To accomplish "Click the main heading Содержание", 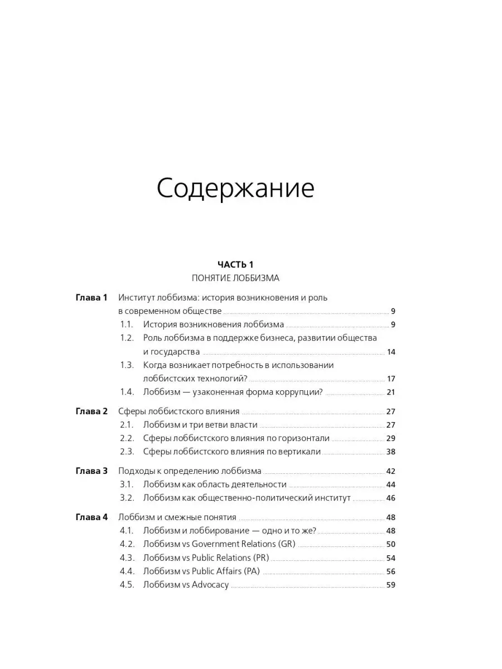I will point(235,190).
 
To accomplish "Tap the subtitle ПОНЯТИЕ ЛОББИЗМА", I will point(235,278).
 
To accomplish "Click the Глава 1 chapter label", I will point(91,298).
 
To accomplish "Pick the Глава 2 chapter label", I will point(91,411).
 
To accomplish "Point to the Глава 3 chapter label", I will point(91,471).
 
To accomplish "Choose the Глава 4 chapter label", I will point(91,517).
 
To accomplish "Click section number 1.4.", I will point(127,392).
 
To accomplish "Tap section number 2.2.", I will point(127,438).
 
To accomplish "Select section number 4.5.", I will point(127,585).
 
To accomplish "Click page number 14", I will point(390,352).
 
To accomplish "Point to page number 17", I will point(390,379).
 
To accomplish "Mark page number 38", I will point(390,452).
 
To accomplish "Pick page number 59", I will point(390,585).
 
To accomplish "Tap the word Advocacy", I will point(210,585).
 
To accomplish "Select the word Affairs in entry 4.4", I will point(226,571).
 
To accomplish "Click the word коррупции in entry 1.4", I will point(299,392).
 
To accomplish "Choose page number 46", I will point(390,498).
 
